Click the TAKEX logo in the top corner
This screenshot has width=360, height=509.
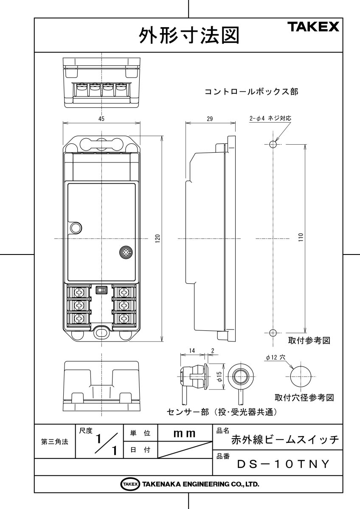click(x=314, y=28)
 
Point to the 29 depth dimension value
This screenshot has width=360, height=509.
click(x=210, y=119)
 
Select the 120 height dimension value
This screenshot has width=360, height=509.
click(x=157, y=239)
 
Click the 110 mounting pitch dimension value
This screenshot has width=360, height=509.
click(x=301, y=238)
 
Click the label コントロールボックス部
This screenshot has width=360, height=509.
click(x=251, y=91)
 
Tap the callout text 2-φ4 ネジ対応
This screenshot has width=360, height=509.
click(x=270, y=119)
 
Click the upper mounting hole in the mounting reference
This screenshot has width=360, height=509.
click(x=273, y=145)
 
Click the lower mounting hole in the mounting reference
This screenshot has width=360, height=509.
click(x=273, y=333)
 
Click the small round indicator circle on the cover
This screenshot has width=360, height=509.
click(x=76, y=228)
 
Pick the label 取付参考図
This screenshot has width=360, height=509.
click(x=309, y=341)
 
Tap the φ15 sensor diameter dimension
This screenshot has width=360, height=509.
click(x=219, y=376)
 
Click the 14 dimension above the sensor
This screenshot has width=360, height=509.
click(x=192, y=351)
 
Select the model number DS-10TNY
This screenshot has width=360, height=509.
click(x=283, y=464)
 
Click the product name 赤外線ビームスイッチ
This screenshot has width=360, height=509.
click(x=285, y=440)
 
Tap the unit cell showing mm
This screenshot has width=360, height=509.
click(x=184, y=433)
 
